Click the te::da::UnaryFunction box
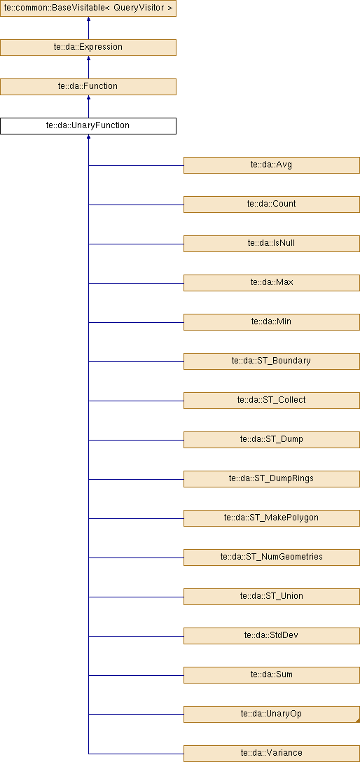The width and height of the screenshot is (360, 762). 88,125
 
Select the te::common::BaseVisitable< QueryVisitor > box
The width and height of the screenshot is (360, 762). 88,8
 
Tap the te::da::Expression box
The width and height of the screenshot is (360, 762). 88,47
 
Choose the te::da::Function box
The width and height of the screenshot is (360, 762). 88,87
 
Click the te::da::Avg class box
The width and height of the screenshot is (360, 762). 272,165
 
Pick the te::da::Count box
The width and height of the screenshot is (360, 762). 272,204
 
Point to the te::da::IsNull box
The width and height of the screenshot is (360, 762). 272,244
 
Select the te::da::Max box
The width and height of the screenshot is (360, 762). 272,283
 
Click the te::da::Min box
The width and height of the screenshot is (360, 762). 272,321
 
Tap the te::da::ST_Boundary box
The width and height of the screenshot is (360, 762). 272,361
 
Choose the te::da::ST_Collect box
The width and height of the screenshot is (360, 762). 272,401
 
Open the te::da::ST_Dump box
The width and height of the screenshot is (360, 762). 272,440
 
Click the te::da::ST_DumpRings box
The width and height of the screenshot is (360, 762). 272,478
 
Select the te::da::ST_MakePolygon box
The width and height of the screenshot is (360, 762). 272,518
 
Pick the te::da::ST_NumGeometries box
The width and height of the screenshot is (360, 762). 272,557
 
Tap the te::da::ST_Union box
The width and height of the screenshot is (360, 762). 272,597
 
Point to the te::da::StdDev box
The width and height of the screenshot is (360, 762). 272,636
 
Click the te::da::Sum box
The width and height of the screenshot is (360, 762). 272,675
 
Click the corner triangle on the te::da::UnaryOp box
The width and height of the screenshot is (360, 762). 358,721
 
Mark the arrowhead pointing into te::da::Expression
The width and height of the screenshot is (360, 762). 88,59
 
